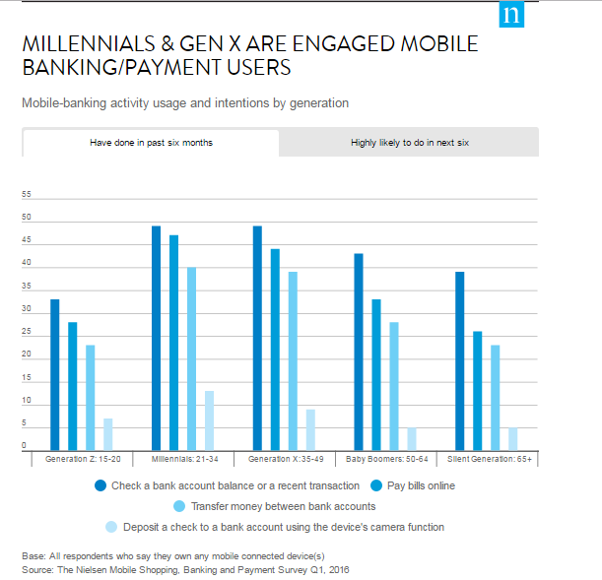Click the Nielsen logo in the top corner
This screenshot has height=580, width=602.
512,16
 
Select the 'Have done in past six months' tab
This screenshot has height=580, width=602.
151,143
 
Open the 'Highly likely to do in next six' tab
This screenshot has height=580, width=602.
409,143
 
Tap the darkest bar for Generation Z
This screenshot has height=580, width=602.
54,374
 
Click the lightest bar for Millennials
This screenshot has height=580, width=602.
209,420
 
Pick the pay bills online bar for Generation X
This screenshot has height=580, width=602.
275,350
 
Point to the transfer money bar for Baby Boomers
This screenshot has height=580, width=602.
393,386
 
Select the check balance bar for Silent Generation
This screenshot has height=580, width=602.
459,361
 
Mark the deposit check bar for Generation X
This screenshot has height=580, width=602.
310,429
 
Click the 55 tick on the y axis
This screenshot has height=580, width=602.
27,194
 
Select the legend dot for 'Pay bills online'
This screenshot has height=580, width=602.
378,485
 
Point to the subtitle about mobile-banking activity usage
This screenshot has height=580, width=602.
185,102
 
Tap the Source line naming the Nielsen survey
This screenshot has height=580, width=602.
185,569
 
